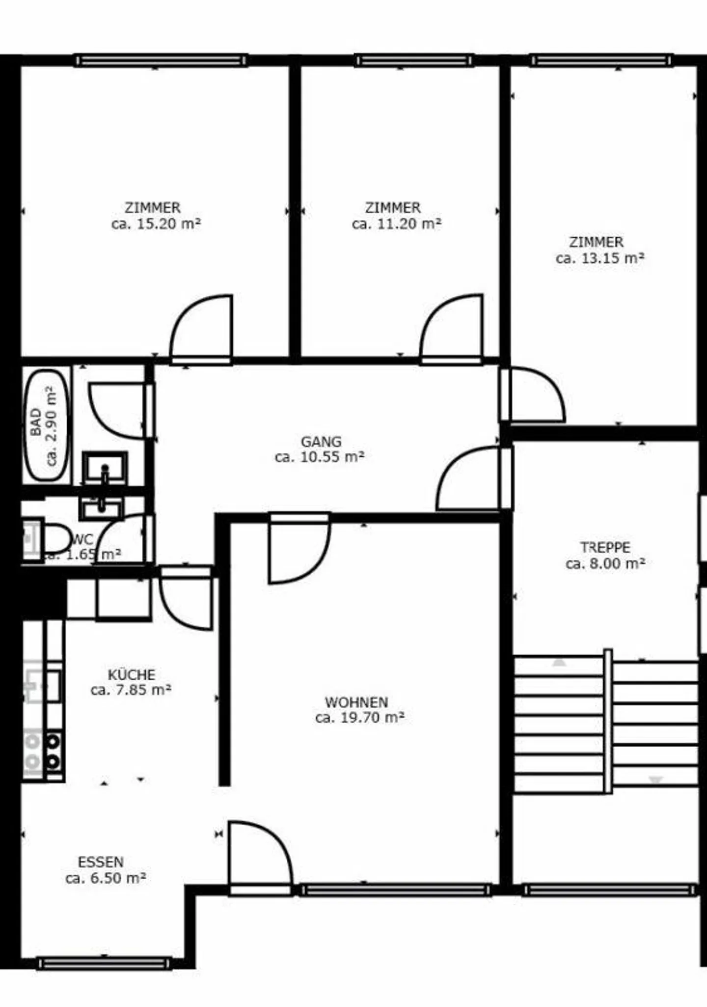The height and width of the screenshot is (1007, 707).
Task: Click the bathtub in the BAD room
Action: point(46,425)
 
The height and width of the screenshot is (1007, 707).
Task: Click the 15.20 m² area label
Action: point(156,224)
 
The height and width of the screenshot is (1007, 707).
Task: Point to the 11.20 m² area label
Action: point(397,224)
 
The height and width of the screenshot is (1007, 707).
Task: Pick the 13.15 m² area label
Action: point(600,258)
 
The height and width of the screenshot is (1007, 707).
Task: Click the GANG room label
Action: point(321,441)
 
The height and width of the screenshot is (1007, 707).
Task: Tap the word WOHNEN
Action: point(356,702)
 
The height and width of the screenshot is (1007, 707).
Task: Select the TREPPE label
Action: point(605,547)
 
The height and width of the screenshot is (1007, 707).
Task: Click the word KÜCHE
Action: point(132,674)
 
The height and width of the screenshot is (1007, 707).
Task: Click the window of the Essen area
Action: point(105,963)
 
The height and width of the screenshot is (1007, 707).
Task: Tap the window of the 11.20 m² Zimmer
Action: point(414,61)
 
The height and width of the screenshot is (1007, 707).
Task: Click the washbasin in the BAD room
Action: point(105,469)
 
